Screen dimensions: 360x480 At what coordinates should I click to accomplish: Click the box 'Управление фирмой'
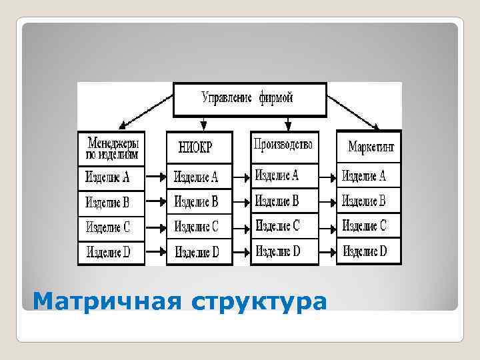(247, 98)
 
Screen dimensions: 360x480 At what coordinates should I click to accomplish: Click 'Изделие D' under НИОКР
(197, 252)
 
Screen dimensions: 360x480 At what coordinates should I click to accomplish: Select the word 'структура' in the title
(260, 301)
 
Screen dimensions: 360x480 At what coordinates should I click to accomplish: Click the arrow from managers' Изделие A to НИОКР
(155, 177)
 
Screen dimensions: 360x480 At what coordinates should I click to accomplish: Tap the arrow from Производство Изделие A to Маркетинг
(327, 177)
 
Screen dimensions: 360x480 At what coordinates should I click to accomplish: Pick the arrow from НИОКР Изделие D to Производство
(241, 252)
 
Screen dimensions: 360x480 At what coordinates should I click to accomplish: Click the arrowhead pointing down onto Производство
(287, 125)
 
